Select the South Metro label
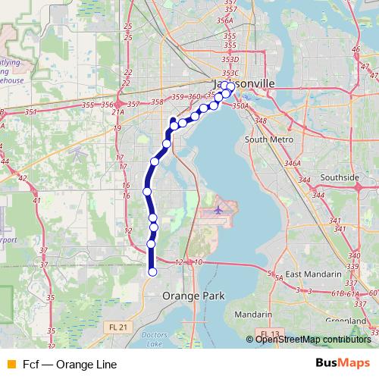(x=268, y=140)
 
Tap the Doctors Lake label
(x=154, y=340)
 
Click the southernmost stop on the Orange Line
(x=152, y=271)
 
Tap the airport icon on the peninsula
(x=218, y=209)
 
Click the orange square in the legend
(x=11, y=364)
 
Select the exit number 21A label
(x=117, y=112)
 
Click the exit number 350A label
(x=240, y=106)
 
